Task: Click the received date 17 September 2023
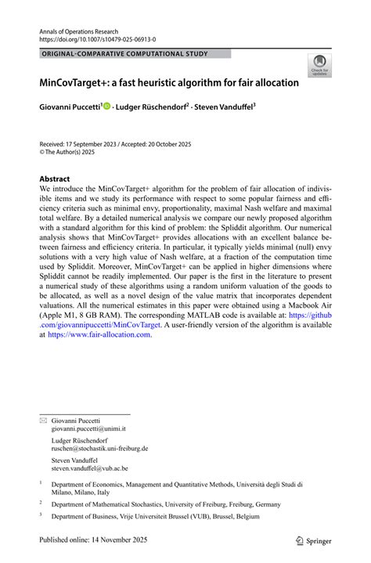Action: coord(98,146)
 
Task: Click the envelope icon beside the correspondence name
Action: coord(43,420)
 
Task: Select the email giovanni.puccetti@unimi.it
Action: coord(88,430)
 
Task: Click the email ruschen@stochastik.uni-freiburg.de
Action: coord(99,449)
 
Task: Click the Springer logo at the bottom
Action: coord(313,540)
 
